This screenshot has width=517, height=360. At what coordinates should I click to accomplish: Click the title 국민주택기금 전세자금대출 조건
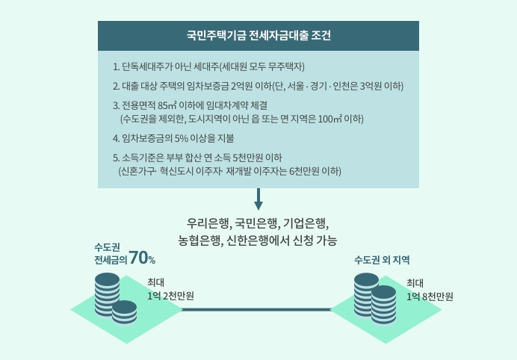258,36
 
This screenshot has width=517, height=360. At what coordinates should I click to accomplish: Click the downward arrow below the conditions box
258,199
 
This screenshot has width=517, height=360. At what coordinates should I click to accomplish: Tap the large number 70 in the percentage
137,258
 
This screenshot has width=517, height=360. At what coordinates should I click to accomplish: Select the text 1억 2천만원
170,296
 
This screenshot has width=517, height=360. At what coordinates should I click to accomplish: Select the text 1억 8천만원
430,297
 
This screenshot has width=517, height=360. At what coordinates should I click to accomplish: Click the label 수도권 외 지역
382,260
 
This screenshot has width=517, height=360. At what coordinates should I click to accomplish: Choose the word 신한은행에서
258,240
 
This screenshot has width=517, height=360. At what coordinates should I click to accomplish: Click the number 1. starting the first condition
116,67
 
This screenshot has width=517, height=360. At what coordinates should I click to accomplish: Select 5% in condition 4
182,138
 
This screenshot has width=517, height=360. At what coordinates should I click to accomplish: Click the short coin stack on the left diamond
124,312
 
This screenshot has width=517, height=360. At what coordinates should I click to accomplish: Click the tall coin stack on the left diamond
107,295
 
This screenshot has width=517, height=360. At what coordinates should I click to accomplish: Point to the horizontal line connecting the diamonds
256,309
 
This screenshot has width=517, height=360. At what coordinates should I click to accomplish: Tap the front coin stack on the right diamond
383,305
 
